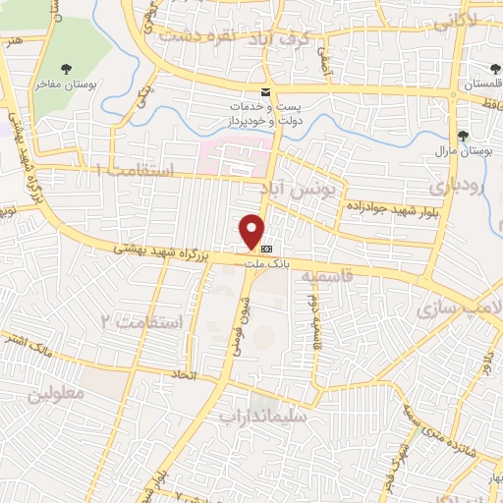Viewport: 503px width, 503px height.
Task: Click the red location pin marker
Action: tap(252, 231)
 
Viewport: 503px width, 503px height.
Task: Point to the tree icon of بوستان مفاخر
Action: tap(66, 69)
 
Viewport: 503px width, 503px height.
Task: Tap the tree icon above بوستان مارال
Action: tap(462, 136)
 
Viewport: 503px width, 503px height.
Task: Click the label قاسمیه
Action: tap(327, 278)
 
